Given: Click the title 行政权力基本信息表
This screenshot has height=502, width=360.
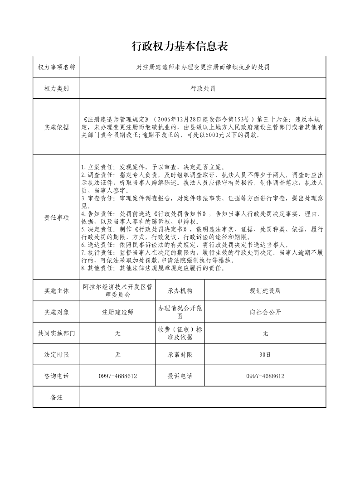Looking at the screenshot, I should coord(180,46).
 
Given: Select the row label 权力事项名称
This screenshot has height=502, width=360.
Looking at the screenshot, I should coord(57,68).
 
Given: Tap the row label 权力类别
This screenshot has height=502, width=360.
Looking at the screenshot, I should coord(57,89).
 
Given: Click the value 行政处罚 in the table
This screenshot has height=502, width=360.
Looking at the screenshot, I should coord(203,89).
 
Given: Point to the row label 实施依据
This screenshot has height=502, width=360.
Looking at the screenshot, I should coord(57,127).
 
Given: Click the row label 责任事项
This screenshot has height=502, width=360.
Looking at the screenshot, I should coord(57,217).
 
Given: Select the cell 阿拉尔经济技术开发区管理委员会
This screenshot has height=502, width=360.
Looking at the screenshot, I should coord(117,291).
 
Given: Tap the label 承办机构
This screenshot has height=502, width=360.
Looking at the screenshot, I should coord(180,291).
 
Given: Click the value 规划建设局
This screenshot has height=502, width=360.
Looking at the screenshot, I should coord(265,291).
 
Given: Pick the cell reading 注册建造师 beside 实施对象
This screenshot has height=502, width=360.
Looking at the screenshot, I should coord(117,312).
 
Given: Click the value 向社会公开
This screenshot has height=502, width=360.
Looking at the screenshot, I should coord(265,312).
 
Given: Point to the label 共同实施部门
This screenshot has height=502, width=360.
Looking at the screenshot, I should coord(57,333).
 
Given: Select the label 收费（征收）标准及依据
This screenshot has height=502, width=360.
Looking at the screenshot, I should coord(180,333).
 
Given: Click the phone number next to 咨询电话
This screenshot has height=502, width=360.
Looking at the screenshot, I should coord(117,376).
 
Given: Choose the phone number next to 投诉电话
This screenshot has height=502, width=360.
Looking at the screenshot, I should coord(265,376).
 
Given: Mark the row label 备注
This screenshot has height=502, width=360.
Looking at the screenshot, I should coord(57,397).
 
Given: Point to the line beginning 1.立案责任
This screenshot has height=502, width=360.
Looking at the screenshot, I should coord(152,167).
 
